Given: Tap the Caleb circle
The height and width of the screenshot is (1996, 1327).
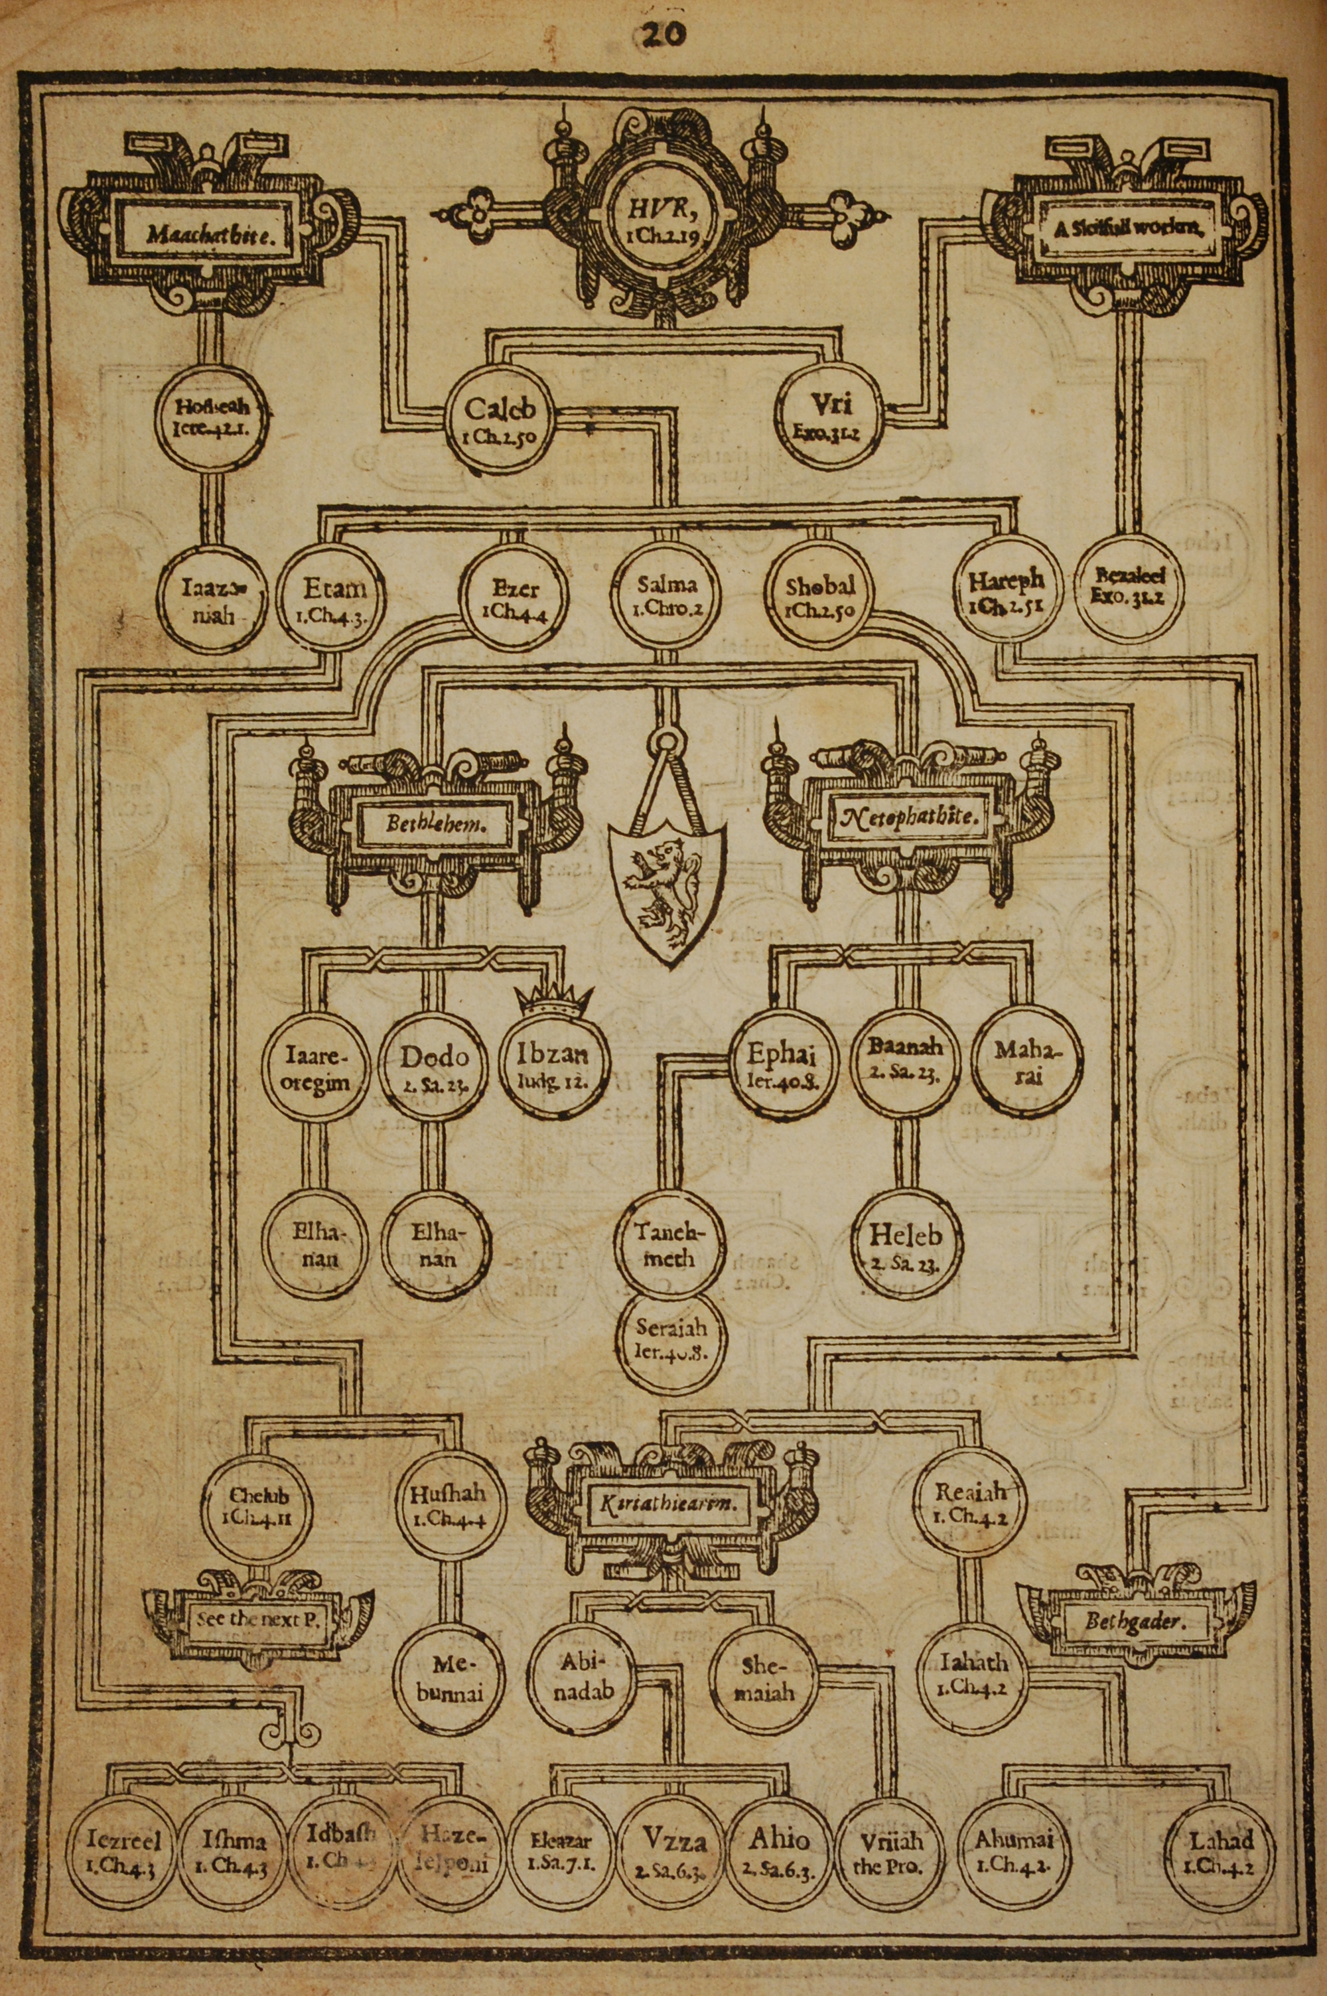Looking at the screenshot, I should point(500,419).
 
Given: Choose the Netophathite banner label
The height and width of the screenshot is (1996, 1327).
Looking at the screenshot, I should point(910,818).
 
